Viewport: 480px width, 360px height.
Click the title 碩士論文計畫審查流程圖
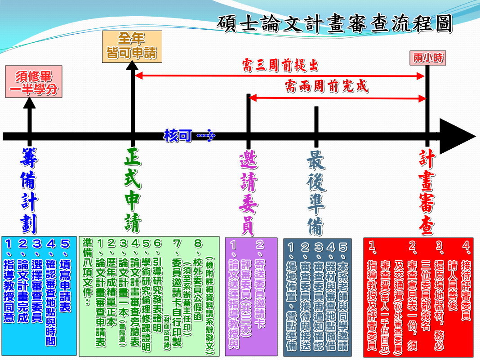(334, 24)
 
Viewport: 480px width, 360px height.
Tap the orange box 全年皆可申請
(132, 47)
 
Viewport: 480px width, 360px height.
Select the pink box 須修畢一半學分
(34, 82)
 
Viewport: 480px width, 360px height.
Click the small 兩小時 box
(428, 58)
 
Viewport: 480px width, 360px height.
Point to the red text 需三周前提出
(280, 65)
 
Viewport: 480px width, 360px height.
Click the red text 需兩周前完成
(326, 86)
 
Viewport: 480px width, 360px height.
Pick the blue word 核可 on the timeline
(178, 135)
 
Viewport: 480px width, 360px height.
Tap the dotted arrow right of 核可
(206, 135)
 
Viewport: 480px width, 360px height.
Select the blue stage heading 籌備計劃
(29, 191)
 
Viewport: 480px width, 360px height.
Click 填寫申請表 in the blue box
(65, 286)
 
